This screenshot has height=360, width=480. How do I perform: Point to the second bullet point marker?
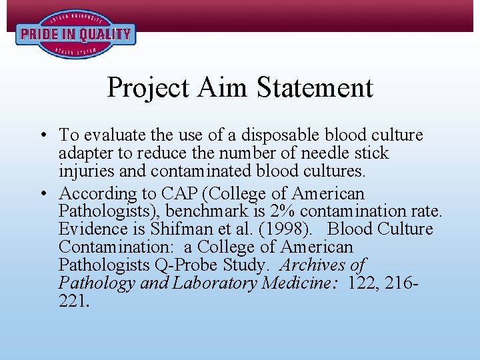coord(43,194)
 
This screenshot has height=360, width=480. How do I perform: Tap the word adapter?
coord(83,153)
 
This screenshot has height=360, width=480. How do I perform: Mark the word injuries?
coord(84,171)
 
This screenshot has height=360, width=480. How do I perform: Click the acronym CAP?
coord(177,194)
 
